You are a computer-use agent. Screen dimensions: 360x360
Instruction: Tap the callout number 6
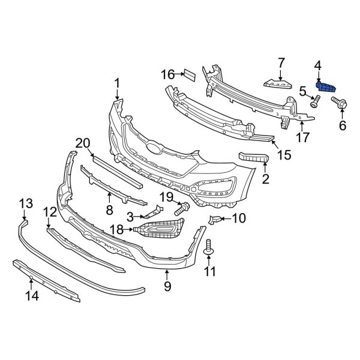coord(343,125)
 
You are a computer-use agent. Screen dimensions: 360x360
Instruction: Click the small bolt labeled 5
coord(314,104)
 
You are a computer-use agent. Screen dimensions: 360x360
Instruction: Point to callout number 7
coord(280,62)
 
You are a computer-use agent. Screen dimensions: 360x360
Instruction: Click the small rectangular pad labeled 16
coord(188,74)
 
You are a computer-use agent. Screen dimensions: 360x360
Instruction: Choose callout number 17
coord(303,137)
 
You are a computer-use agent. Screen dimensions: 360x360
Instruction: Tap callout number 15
coord(283,155)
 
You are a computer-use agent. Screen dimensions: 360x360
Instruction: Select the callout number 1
coord(117,83)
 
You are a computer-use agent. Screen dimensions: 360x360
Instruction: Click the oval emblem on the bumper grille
coord(154,149)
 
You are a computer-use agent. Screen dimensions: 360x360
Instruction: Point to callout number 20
coord(82,143)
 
